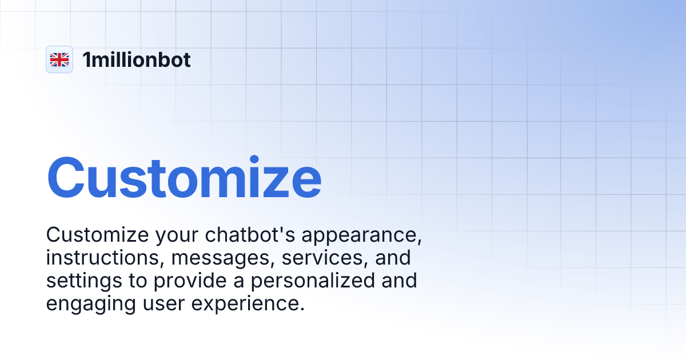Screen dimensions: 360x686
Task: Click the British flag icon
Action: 59,59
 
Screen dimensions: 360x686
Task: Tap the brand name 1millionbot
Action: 137,59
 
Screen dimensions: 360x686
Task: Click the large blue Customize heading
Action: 184,179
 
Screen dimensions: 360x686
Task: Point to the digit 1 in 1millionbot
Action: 86,59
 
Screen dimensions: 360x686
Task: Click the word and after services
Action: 393,258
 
